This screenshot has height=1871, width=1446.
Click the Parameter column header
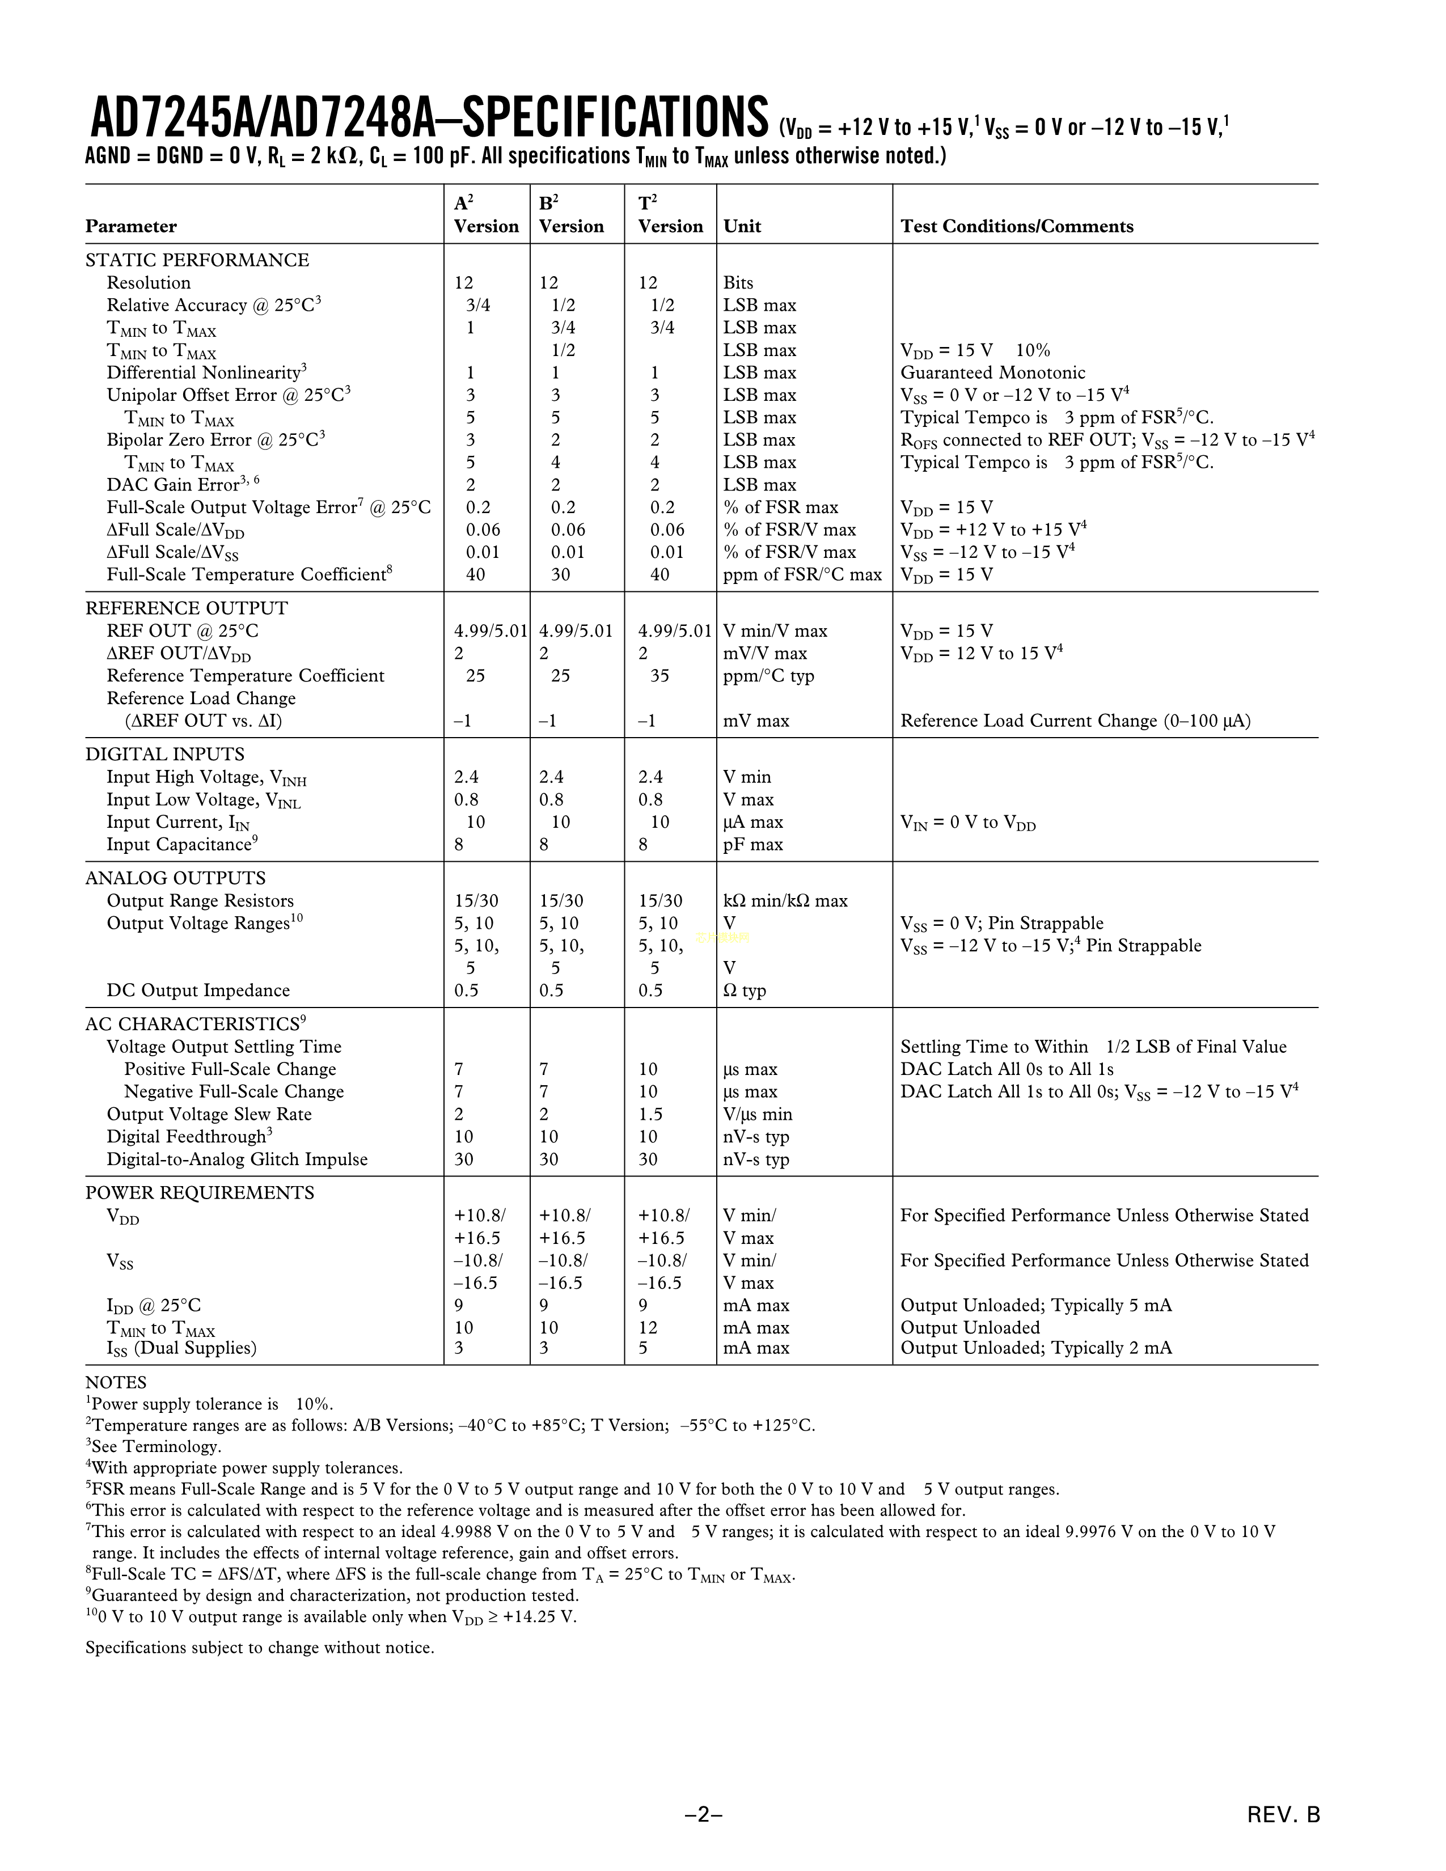[131, 226]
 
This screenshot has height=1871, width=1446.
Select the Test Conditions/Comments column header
[1017, 226]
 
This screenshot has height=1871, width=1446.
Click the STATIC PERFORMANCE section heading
[197, 260]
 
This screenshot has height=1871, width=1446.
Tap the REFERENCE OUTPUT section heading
[187, 608]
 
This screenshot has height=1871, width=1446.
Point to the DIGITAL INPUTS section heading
[164, 754]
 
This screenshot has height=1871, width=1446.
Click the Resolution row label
[148, 283]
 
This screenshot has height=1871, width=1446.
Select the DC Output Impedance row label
[198, 990]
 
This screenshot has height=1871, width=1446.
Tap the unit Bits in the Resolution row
[738, 283]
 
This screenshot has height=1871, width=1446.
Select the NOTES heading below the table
[116, 1383]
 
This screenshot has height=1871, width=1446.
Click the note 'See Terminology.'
[154, 1447]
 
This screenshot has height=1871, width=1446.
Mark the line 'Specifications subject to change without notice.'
[260, 1648]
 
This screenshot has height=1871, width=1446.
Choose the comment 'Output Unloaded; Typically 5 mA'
[1035, 1306]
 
